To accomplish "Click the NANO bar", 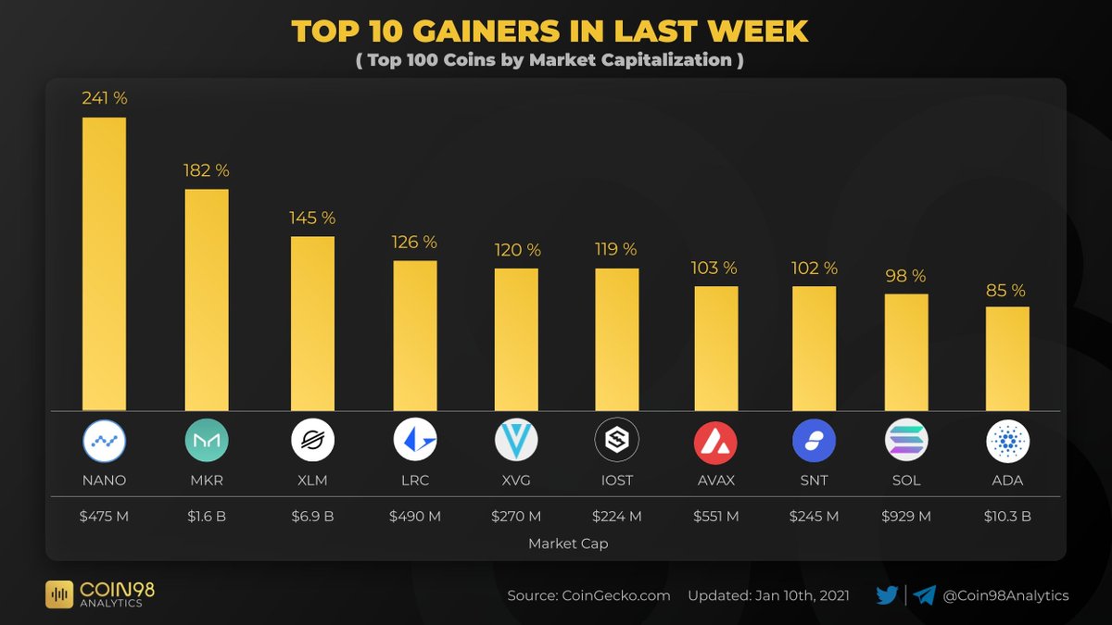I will (x=104, y=264).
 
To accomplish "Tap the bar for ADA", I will (x=1007, y=358).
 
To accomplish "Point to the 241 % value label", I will (x=104, y=98).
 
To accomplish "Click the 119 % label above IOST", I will (x=616, y=249).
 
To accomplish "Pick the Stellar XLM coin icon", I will (x=312, y=441).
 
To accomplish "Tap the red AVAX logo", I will (x=715, y=441).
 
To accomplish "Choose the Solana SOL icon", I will (x=905, y=441).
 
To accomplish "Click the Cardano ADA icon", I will (x=1007, y=441).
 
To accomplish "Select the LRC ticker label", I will (x=414, y=481).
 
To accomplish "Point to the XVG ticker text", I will (x=516, y=481).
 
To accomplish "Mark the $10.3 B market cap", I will (x=1007, y=516).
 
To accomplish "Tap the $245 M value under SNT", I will (x=813, y=516).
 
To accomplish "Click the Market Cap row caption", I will (x=568, y=544).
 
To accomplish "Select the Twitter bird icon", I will (x=887, y=595).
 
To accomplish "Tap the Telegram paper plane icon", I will (x=924, y=595).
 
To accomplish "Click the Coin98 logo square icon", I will (x=59, y=594).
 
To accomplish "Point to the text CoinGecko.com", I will (x=615, y=595).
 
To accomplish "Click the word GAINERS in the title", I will (x=485, y=32).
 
